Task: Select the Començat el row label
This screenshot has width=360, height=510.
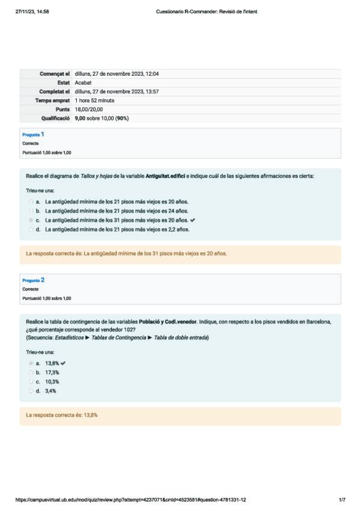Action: (55, 73)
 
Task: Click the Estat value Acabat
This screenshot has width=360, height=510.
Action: (84, 82)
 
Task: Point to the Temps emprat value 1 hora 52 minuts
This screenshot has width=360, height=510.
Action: (95, 100)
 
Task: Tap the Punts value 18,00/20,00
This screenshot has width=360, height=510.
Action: (89, 109)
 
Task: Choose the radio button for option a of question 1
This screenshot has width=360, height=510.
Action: (31, 201)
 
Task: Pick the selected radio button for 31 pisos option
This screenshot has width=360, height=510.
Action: (31, 220)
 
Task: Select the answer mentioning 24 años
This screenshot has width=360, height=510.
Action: (117, 210)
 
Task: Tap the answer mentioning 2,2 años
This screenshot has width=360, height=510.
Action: (117, 229)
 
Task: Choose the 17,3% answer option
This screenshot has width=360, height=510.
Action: (52, 372)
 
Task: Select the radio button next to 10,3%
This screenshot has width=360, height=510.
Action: (31, 381)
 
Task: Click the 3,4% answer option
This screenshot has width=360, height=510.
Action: (50, 391)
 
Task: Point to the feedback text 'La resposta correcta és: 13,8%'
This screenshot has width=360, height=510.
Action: (62, 415)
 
